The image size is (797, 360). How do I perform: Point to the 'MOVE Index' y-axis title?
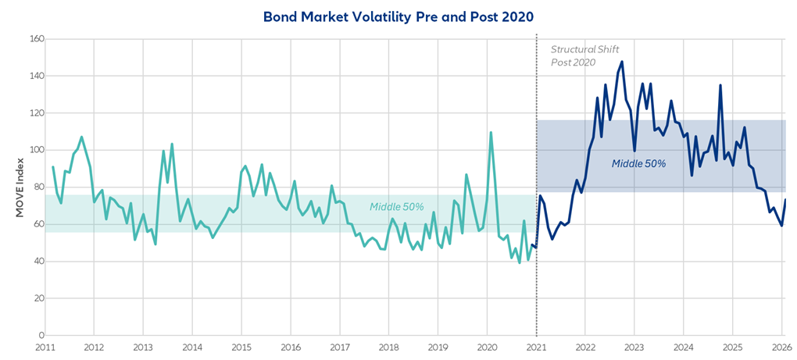coord(20,187)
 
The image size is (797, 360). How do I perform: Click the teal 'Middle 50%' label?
coord(397,207)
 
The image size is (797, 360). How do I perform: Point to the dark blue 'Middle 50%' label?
coord(638,164)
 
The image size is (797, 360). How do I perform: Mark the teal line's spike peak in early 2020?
coord(491,133)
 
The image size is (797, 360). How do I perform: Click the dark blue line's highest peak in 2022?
coord(622,62)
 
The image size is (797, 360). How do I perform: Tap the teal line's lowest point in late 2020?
coord(520,262)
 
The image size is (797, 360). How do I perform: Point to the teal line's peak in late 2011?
coord(81,137)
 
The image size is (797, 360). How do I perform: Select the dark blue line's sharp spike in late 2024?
coord(720,85)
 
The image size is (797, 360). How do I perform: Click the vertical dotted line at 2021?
coord(536,195)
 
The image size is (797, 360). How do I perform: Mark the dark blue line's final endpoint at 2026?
coord(785,200)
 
